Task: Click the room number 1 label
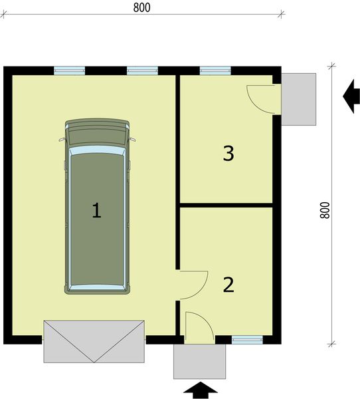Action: tap(96, 211)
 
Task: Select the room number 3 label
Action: tap(228, 154)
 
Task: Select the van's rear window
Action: tap(97, 287)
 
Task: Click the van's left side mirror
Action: tap(61, 140)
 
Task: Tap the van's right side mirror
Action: tap(133, 140)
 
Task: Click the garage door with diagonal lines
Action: tap(94, 340)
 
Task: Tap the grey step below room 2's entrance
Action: tap(199, 360)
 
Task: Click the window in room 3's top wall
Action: tap(215, 69)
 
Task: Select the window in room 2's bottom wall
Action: tap(247, 339)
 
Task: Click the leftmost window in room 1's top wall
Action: tap(69, 69)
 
